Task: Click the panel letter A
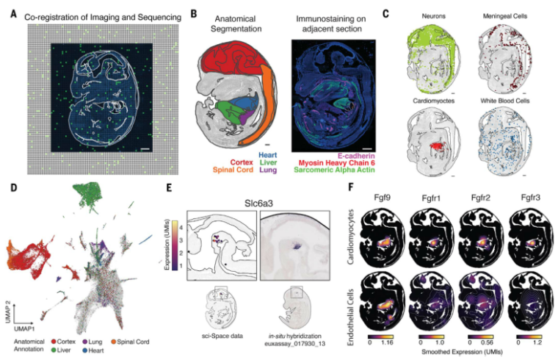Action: [x=13, y=15]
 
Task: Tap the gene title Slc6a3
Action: [x=258, y=204]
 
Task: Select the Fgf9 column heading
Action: [x=382, y=198]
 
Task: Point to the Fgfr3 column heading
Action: [x=530, y=198]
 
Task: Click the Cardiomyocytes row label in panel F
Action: [x=351, y=237]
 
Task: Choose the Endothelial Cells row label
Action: [x=351, y=317]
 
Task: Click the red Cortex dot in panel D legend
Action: [x=54, y=342]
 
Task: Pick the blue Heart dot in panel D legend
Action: [x=84, y=350]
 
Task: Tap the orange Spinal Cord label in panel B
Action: [x=233, y=170]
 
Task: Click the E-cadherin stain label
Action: [x=352, y=156]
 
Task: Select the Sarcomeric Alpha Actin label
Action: [x=334, y=170]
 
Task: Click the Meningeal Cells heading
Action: [x=505, y=16]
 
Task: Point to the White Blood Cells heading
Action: [x=505, y=101]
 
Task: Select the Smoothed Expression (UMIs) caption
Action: [x=462, y=351]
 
